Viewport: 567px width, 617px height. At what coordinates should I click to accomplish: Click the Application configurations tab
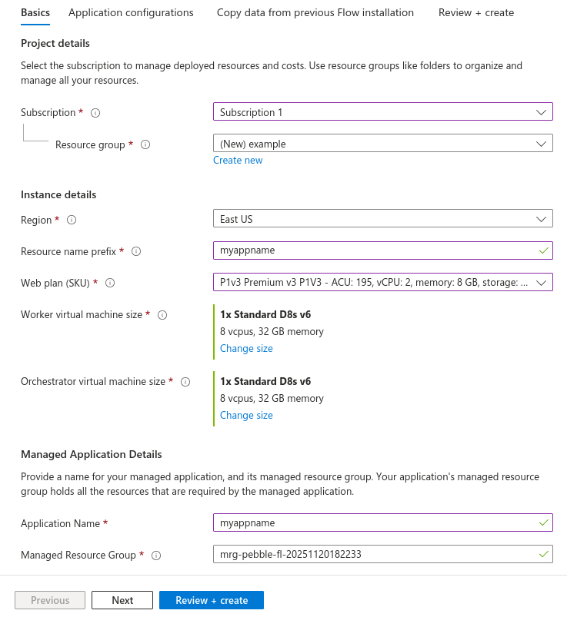click(131, 12)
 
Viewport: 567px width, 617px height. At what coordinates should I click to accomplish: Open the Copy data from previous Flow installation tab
click(315, 12)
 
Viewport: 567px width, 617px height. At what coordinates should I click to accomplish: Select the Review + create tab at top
click(476, 12)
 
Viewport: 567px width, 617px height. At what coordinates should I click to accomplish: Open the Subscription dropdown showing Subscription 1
click(382, 112)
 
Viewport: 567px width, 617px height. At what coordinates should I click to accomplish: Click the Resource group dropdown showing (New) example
click(382, 144)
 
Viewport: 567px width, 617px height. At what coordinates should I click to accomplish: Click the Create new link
click(238, 161)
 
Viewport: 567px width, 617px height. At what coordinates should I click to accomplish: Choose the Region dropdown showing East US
click(382, 219)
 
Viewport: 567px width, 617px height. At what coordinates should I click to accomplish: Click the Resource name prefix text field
click(377, 250)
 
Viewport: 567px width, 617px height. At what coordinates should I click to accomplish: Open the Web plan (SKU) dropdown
click(382, 283)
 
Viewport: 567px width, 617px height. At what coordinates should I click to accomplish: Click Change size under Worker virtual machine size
click(246, 349)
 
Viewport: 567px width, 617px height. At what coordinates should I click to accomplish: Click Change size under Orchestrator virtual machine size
click(246, 416)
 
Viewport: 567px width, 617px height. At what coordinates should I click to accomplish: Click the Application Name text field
click(377, 523)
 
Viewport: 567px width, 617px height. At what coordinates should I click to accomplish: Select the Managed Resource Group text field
click(377, 555)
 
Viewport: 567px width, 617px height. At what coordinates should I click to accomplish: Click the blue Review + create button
click(212, 600)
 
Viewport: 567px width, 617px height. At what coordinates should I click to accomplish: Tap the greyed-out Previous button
click(50, 600)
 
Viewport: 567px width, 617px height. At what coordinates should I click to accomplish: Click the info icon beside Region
click(72, 220)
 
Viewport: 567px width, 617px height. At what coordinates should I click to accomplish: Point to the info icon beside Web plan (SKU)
click(110, 283)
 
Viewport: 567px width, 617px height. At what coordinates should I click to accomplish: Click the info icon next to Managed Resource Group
click(155, 556)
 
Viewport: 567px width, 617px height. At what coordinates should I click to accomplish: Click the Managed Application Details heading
click(92, 454)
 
